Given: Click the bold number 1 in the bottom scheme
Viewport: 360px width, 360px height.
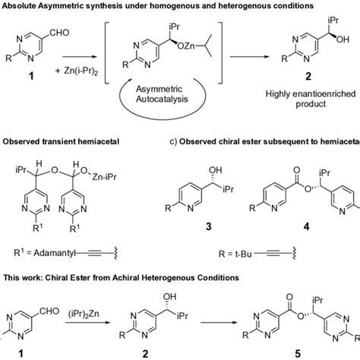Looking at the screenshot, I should (x=30, y=354).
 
